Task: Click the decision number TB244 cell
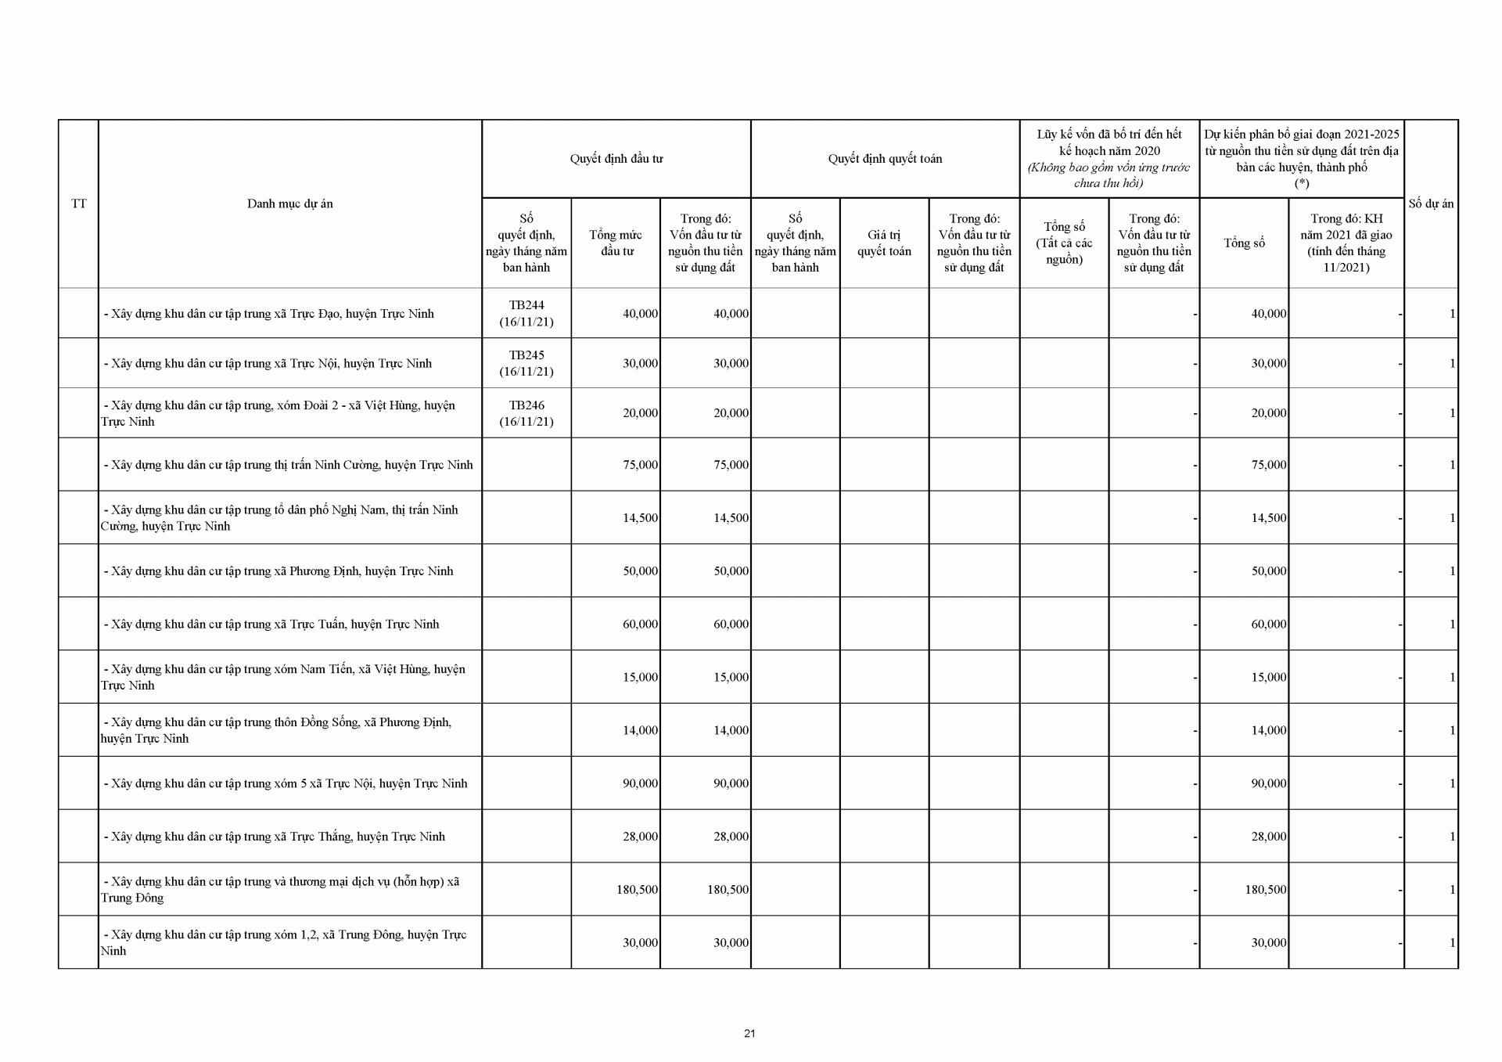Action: pyautogui.click(x=526, y=313)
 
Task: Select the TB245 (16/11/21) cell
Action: pyautogui.click(x=526, y=363)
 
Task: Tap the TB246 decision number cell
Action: pyautogui.click(x=526, y=413)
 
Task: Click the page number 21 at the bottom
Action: pyautogui.click(x=749, y=1033)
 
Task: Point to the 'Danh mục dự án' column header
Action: pyautogui.click(x=289, y=203)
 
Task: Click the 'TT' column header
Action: pyautogui.click(x=78, y=203)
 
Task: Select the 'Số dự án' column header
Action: pyautogui.click(x=1431, y=203)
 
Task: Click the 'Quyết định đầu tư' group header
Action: pyautogui.click(x=616, y=159)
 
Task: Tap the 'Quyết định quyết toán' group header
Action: pyautogui.click(x=885, y=159)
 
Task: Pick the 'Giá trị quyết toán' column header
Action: pyautogui.click(x=884, y=243)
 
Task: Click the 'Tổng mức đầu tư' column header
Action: pyautogui.click(x=616, y=243)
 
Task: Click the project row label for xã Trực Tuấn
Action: pyautogui.click(x=271, y=625)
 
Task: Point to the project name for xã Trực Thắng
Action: pyautogui.click(x=274, y=837)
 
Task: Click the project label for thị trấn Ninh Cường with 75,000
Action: pyautogui.click(x=288, y=465)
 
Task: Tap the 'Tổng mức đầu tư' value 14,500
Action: pyautogui.click(x=640, y=518)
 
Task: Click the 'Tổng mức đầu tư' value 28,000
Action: pyautogui.click(x=640, y=837)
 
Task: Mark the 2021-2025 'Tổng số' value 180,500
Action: pyautogui.click(x=1265, y=890)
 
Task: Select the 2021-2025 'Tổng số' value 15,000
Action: pyautogui.click(x=1268, y=677)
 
